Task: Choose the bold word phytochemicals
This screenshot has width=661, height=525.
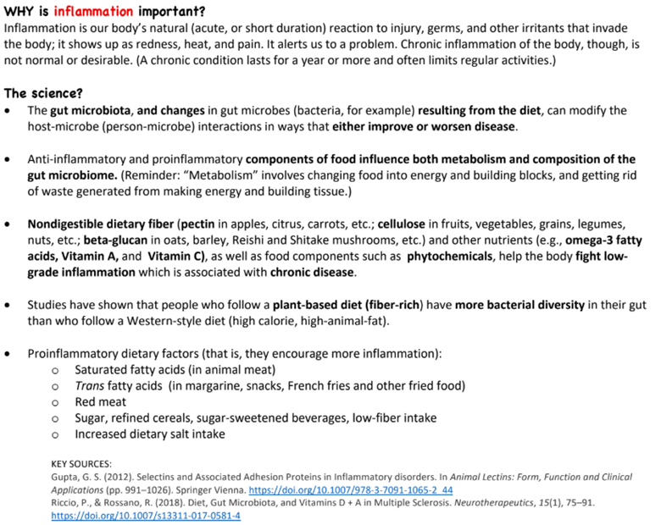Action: point(450,257)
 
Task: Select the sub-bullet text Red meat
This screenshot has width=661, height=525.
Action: point(100,401)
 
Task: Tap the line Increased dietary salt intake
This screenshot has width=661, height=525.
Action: point(150,434)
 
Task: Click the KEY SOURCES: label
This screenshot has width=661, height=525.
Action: point(81,463)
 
